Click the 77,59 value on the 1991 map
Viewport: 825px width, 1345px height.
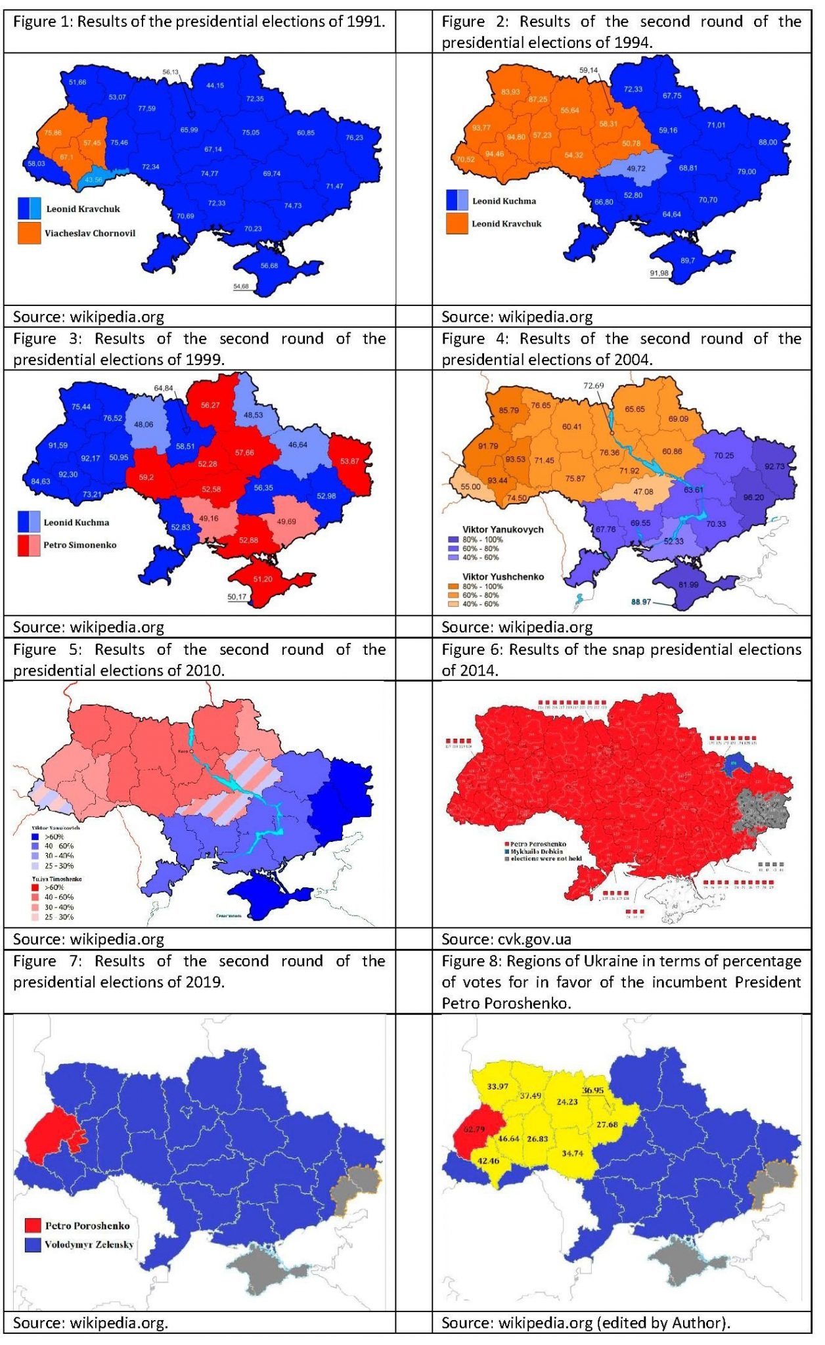[146, 108]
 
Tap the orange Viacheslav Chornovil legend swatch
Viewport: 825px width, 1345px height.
[29, 233]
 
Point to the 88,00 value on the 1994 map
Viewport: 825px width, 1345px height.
[767, 143]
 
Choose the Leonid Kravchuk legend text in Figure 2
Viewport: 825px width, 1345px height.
[506, 224]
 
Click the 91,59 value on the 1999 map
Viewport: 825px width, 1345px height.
[58, 445]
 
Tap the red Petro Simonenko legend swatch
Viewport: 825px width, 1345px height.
[29, 545]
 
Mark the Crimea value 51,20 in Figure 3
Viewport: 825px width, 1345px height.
[262, 579]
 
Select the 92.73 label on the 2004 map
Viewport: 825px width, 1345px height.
[774, 466]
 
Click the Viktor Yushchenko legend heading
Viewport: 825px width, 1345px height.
[503, 577]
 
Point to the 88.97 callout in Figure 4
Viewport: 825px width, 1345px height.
[641, 602]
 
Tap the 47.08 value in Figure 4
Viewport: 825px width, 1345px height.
[643, 491]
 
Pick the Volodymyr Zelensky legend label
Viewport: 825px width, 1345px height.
[89, 1245]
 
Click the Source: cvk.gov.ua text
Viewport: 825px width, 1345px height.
[506, 939]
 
